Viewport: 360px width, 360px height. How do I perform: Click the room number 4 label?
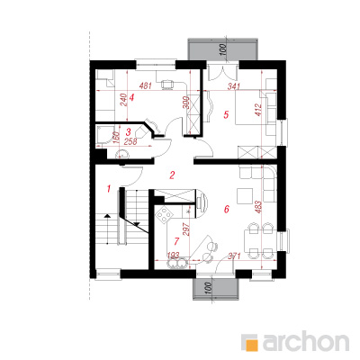click(130, 97)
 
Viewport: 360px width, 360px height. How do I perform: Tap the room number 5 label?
click(226, 114)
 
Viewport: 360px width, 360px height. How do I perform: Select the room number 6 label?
click(227, 209)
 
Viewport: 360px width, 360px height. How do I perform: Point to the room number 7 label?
click(176, 240)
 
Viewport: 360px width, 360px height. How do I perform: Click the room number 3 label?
click(129, 131)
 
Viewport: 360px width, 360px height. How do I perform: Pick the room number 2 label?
click(172, 175)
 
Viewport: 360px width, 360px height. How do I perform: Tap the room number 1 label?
click(109, 189)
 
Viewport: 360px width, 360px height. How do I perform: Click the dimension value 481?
click(146, 86)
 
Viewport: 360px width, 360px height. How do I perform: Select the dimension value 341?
click(234, 86)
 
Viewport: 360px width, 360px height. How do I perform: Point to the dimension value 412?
click(259, 110)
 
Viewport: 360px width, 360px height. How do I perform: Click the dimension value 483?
click(258, 207)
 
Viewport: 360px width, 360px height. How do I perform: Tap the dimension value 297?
click(185, 229)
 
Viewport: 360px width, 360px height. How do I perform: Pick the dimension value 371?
click(235, 256)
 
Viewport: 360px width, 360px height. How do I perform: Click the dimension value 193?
click(174, 256)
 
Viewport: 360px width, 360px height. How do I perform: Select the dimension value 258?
click(130, 142)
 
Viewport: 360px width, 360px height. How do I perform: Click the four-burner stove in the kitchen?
click(165, 215)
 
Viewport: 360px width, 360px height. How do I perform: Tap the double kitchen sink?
click(176, 264)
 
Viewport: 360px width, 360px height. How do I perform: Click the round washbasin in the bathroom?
click(122, 154)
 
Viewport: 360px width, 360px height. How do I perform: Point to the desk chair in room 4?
click(167, 85)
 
